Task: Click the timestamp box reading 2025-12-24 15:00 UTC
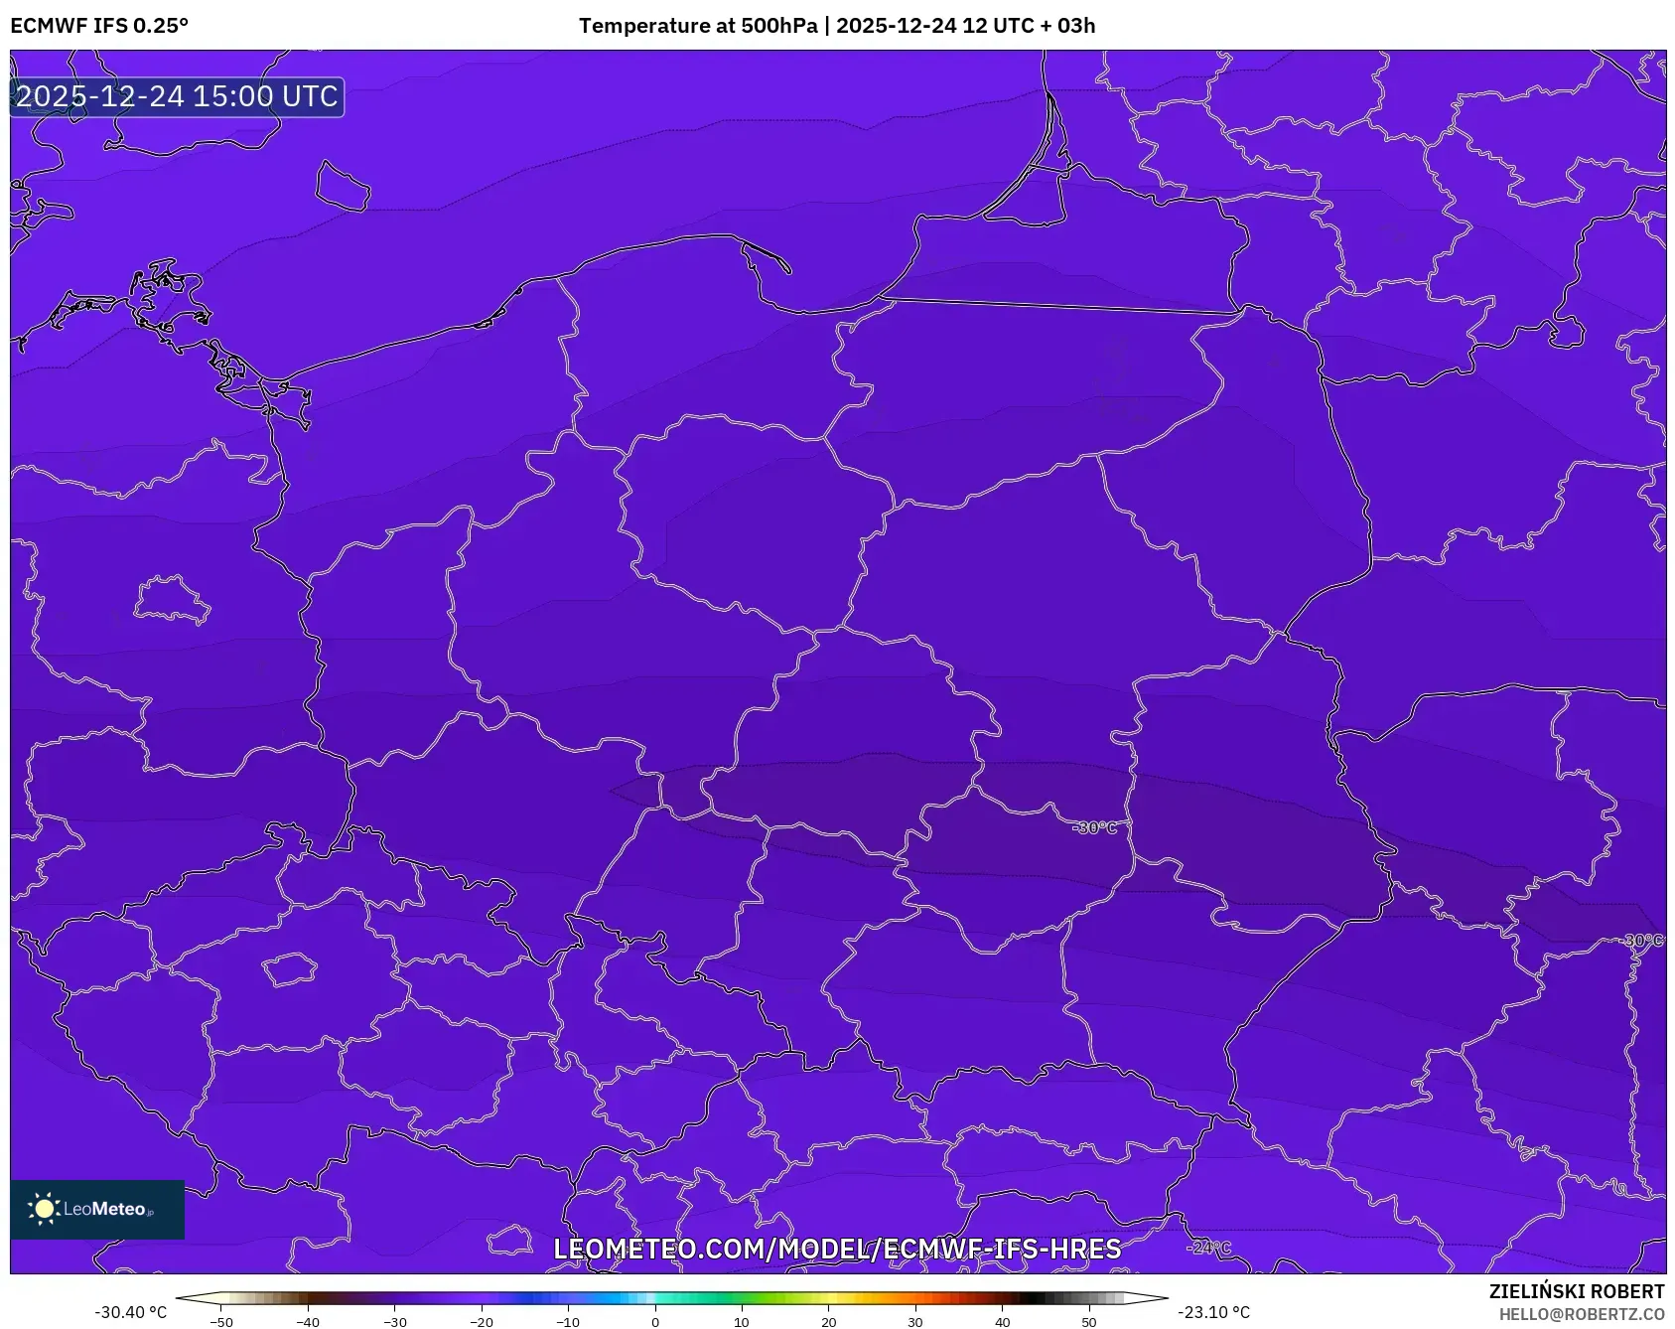tap(177, 97)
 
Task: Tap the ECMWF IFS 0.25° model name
tap(99, 26)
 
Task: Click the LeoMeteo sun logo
tap(44, 1209)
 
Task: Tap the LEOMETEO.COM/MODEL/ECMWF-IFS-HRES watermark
tap(837, 1249)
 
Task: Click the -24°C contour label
tap(1208, 1248)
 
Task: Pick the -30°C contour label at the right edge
tap(1643, 940)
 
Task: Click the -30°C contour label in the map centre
tap(1096, 827)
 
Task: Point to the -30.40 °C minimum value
tap(131, 1312)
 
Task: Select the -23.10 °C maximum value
tap(1213, 1312)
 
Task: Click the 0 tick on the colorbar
tap(654, 1322)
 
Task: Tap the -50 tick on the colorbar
tap(221, 1322)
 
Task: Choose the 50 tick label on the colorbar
tap(1088, 1322)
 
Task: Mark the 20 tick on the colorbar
tap(828, 1322)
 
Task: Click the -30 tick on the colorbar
tap(395, 1322)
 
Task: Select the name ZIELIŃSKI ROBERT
tap(1576, 1291)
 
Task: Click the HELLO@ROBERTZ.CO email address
tap(1581, 1314)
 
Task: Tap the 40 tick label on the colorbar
tap(1002, 1322)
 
